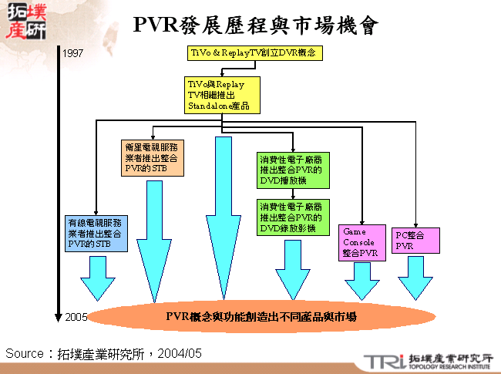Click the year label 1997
click(x=73, y=53)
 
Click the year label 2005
click(x=76, y=317)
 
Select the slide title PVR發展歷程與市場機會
click(x=255, y=25)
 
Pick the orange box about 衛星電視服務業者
click(x=153, y=157)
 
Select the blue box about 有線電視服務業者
click(x=97, y=234)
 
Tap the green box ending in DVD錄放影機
click(x=293, y=218)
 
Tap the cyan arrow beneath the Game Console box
click(x=362, y=281)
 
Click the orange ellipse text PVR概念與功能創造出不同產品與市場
click(x=261, y=317)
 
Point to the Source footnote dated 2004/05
click(x=104, y=353)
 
